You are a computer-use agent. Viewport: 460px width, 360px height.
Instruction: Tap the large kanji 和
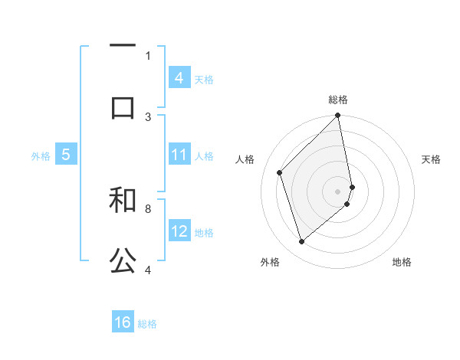123,199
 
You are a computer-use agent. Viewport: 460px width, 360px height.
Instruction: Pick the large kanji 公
123,261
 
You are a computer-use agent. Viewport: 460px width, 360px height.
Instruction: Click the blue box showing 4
179,77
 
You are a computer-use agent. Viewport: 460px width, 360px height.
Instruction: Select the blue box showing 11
179,155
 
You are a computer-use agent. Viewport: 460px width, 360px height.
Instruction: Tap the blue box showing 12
179,231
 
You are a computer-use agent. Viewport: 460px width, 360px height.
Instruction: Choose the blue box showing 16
123,322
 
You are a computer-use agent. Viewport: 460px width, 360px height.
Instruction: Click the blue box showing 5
66,155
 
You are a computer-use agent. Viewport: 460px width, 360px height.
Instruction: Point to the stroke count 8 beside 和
148,208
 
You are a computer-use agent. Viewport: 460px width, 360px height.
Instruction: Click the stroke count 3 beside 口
148,116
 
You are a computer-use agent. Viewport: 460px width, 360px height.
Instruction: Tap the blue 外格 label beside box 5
41,155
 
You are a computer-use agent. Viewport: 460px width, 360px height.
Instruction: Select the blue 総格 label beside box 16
147,323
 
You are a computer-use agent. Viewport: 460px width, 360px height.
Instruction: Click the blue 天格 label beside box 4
204,78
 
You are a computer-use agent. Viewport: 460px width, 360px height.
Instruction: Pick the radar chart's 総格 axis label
338,100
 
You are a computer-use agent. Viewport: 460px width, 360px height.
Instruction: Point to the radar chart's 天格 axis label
432,159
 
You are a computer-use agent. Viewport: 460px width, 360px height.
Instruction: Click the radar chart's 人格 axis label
245,159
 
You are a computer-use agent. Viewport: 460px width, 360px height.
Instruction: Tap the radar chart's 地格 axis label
402,262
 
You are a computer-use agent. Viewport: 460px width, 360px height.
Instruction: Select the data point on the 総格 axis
338,116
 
